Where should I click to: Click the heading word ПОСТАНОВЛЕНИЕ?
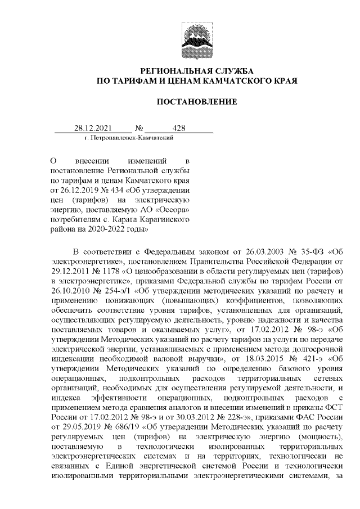[x=197, y=102]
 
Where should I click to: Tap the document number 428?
[x=179, y=128]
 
